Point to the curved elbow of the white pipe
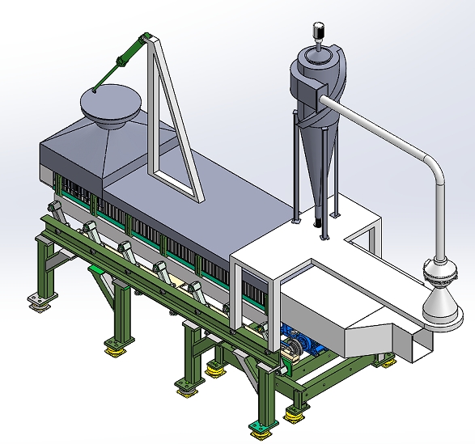(x=426, y=162)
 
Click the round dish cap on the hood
(x=109, y=103)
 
